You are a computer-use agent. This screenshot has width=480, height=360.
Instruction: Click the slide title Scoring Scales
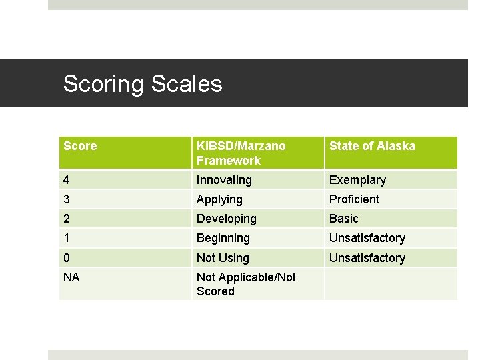pos(143,84)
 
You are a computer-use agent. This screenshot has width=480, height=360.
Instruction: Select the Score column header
pos(80,146)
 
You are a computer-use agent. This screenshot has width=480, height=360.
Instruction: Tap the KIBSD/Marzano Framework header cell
pos(241,153)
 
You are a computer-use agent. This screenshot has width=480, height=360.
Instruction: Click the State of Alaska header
pos(372,146)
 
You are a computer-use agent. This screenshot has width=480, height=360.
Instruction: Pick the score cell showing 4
pos(67,180)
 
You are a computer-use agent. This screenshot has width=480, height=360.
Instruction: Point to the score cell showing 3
pos(67,199)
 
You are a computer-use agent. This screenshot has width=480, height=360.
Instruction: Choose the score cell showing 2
pos(67,219)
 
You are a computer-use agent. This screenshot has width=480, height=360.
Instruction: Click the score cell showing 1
pos(67,238)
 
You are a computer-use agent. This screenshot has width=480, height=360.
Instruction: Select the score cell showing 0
pos(67,258)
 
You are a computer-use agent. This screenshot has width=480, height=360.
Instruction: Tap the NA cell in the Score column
pos(71,277)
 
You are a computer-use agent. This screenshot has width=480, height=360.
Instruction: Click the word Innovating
pos(224,180)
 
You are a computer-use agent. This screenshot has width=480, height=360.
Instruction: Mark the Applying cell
pos(219,199)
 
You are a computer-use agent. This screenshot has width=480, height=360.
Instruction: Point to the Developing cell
pos(226,219)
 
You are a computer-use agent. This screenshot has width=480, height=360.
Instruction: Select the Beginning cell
pos(223,238)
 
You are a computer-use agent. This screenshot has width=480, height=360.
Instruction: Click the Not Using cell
pos(223,258)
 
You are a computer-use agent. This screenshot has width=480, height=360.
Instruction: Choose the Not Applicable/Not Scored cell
pos(246,284)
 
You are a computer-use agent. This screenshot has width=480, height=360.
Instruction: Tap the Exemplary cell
pos(357,180)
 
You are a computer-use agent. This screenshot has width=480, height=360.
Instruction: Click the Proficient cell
pos(354,199)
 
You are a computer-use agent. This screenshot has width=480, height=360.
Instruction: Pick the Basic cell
pos(344,219)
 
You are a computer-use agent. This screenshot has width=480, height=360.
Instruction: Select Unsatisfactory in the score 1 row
pos(367,238)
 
